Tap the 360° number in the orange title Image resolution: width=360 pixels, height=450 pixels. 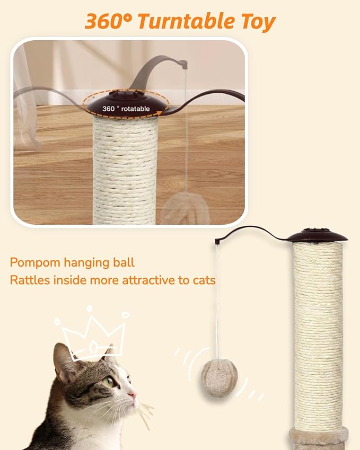[x=108, y=21]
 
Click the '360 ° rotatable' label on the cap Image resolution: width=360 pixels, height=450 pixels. [x=126, y=109]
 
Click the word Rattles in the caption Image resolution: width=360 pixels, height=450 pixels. [x=29, y=280]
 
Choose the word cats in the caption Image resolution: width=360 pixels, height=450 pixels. [x=204, y=280]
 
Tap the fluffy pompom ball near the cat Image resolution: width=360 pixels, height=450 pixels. [x=219, y=375]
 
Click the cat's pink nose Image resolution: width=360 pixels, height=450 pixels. [x=134, y=395]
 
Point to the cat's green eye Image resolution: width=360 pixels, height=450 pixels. [x=109, y=381]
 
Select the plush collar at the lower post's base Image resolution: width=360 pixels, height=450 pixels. [x=318, y=438]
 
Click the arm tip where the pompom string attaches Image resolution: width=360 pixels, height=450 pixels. [x=217, y=242]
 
